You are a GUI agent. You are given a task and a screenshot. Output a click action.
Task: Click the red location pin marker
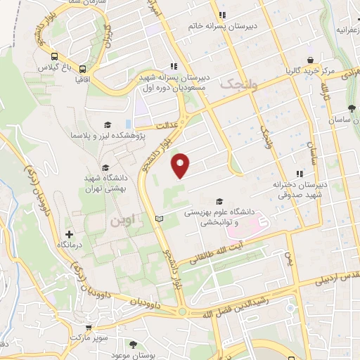181,165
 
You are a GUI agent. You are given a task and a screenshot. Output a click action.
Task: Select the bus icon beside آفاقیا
84,70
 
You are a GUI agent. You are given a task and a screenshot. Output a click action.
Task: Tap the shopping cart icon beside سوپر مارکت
89,327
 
